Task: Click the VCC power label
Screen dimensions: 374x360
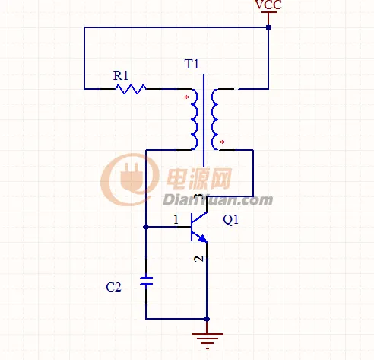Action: pyautogui.click(x=268, y=5)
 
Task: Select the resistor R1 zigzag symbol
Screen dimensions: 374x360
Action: pyautogui.click(x=131, y=89)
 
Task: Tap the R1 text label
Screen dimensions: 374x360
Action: pyautogui.click(x=121, y=75)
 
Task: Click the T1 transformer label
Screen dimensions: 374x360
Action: pyautogui.click(x=192, y=64)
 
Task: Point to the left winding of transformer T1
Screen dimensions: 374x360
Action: pyautogui.click(x=195, y=119)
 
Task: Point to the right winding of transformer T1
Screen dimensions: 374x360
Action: pyautogui.click(x=214, y=119)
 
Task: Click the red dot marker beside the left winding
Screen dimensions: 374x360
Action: pyautogui.click(x=186, y=97)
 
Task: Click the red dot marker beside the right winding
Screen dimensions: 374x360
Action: pyautogui.click(x=222, y=142)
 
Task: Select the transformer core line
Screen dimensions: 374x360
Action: pyautogui.click(x=204, y=120)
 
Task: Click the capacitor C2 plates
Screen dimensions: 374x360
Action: pyautogui.click(x=146, y=281)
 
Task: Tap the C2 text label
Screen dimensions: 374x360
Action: pyautogui.click(x=113, y=288)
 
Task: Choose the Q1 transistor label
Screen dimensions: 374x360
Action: pyautogui.click(x=230, y=220)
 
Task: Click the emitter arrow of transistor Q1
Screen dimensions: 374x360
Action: pyautogui.click(x=203, y=239)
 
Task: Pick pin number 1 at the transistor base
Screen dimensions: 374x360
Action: pyautogui.click(x=176, y=219)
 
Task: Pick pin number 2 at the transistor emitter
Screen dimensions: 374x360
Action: pyautogui.click(x=198, y=259)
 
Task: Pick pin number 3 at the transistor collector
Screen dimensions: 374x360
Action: pyautogui.click(x=199, y=197)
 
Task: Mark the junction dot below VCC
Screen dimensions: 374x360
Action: pyautogui.click(x=268, y=27)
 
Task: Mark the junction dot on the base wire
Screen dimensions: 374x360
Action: pyautogui.click(x=146, y=227)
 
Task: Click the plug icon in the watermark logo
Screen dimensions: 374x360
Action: pyautogui.click(x=132, y=177)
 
